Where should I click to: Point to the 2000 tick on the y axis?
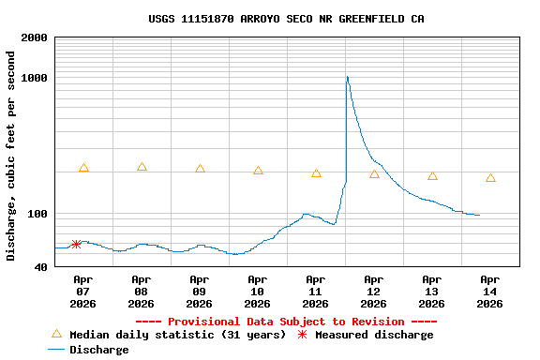(35, 37)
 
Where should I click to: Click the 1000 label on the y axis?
(35, 78)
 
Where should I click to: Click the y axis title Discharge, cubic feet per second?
(11, 156)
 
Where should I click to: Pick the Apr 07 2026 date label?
(82, 291)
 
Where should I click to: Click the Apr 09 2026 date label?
(199, 291)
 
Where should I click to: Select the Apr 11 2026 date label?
(315, 291)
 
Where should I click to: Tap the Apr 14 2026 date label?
(489, 291)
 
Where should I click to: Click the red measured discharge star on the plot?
(76, 244)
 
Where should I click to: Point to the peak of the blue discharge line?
(347, 77)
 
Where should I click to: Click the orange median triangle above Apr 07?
(83, 168)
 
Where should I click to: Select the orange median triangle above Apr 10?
(258, 171)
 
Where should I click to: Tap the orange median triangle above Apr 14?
(490, 177)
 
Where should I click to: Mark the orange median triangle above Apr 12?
(374, 174)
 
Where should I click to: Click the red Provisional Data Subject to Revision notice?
(286, 322)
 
